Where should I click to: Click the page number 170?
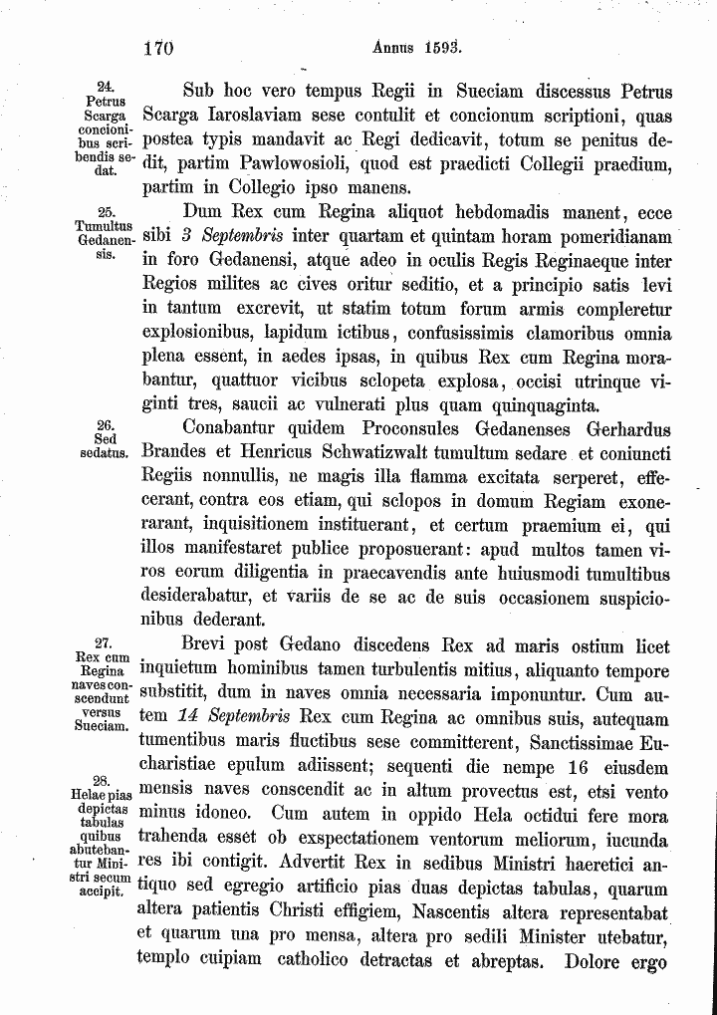coord(158,47)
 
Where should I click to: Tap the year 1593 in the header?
coord(438,46)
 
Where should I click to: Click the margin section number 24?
coord(104,87)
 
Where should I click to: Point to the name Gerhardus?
coord(626,429)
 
